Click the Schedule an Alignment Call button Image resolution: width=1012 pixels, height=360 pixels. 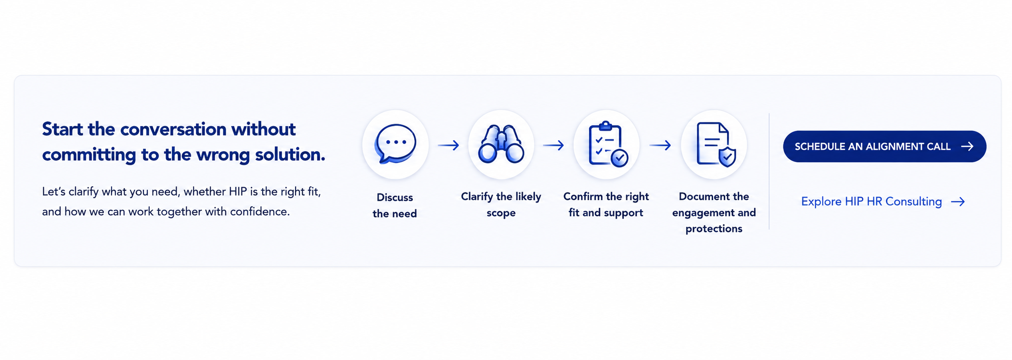(884, 146)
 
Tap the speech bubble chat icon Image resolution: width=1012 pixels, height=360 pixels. (396, 144)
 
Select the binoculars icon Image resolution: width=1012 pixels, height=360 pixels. (501, 144)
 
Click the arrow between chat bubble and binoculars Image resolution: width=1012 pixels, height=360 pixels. (448, 145)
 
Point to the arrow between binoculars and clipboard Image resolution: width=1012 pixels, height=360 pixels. (553, 145)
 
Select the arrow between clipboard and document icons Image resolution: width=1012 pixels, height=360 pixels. (660, 145)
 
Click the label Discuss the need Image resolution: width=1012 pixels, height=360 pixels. (395, 206)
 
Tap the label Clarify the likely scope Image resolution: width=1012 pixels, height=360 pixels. (501, 205)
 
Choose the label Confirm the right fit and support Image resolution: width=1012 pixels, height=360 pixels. (606, 205)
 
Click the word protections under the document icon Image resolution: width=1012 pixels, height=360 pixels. (714, 229)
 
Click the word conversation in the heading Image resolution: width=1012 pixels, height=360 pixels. (173, 129)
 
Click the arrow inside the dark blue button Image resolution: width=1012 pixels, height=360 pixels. (967, 146)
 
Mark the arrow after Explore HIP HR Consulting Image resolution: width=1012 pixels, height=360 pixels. (958, 202)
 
